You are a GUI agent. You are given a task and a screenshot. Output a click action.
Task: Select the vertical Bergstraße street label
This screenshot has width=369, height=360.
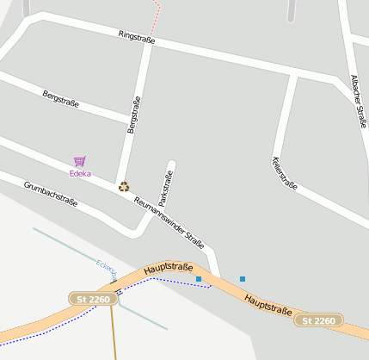pyautogui.click(x=133, y=115)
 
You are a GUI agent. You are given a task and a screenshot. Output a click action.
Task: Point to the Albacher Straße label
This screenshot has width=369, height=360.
pyautogui.click(x=359, y=100)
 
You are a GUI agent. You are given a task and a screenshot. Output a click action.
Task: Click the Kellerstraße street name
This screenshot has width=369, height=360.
pyautogui.click(x=284, y=173)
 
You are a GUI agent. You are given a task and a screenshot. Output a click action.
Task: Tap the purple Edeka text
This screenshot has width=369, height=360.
pyautogui.click(x=80, y=173)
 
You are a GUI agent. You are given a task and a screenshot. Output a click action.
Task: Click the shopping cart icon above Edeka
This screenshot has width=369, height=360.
pyautogui.click(x=80, y=161)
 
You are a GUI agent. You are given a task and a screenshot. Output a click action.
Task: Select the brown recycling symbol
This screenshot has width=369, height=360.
pyautogui.click(x=124, y=186)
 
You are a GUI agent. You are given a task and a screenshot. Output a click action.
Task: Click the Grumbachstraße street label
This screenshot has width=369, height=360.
pyautogui.click(x=51, y=195)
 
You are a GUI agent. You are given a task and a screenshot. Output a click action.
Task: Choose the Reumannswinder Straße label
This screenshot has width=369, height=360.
pyautogui.click(x=169, y=221)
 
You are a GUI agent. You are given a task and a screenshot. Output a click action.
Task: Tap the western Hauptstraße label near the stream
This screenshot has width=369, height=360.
pyautogui.click(x=168, y=269)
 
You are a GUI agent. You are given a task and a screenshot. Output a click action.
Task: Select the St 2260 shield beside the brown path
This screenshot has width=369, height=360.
pyautogui.click(x=93, y=299)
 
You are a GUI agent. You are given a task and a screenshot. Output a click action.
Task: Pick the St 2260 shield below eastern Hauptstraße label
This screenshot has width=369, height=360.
pyautogui.click(x=319, y=320)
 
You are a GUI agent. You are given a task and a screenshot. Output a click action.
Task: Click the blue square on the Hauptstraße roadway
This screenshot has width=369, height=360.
pyautogui.click(x=199, y=279)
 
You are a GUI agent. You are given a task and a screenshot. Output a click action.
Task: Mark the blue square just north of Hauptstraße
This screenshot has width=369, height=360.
pyautogui.click(x=243, y=279)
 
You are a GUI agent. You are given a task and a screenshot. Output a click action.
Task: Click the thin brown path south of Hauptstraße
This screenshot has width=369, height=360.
pyautogui.click(x=113, y=332)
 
